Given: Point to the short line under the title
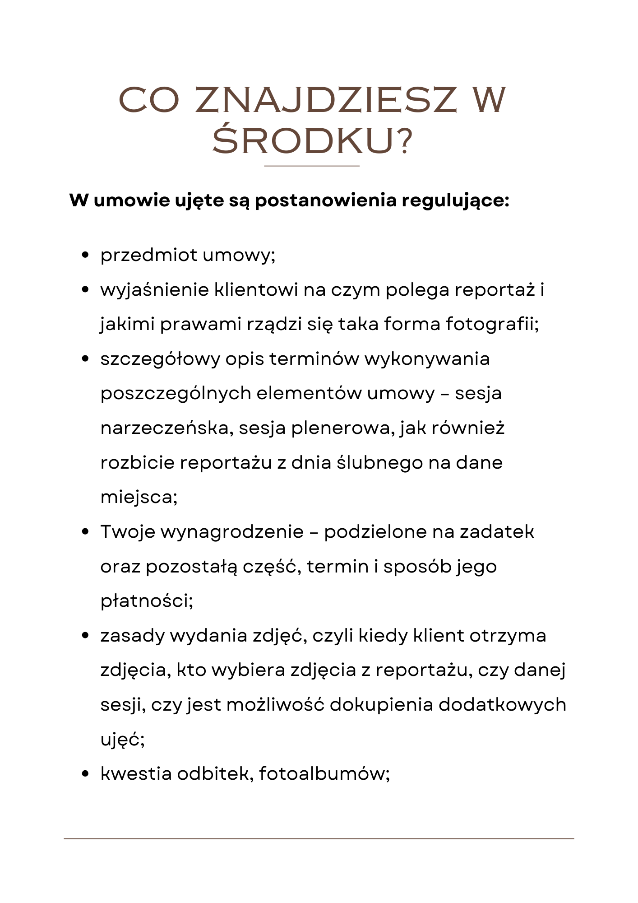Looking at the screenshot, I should [x=311, y=166].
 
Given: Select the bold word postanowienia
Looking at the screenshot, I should [x=325, y=200].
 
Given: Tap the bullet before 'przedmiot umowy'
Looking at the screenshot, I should [x=85, y=255].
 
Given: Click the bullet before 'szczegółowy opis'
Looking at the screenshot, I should [x=85, y=359].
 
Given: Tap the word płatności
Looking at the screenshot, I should [x=147, y=601].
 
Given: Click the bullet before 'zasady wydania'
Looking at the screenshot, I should [x=85, y=636].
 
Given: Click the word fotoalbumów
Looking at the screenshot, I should [x=324, y=774].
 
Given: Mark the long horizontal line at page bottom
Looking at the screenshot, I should [x=319, y=839].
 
